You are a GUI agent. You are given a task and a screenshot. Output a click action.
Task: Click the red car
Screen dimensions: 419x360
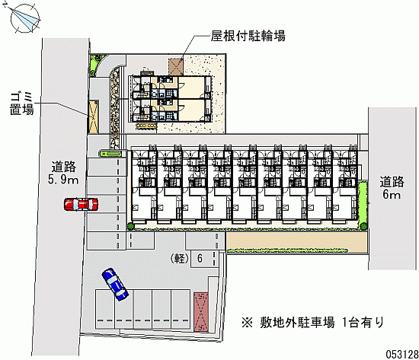81,204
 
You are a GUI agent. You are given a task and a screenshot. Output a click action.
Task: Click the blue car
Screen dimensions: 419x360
115,285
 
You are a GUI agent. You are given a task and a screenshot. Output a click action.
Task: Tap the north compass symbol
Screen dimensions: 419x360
25,18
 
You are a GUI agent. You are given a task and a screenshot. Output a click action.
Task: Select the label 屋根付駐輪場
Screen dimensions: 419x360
248,36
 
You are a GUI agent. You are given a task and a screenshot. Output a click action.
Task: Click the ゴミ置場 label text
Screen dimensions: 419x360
21,104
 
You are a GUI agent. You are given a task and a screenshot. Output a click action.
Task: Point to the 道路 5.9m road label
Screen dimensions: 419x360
63,173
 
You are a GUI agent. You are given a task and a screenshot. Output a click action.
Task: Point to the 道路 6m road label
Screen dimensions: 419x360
392,188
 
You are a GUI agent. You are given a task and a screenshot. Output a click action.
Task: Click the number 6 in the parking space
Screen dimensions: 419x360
200,258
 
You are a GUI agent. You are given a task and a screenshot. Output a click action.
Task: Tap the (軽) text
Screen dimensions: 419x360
180,259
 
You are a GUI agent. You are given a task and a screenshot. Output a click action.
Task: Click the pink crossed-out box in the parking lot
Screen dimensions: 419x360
201,312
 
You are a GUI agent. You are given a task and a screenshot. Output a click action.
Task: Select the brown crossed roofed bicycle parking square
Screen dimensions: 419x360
176,66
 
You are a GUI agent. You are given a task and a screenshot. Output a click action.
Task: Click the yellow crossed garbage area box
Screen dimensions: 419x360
93,117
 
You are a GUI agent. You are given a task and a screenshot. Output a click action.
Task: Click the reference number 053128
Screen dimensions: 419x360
402,354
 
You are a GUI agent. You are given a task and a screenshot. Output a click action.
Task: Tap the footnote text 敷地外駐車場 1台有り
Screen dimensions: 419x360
322,323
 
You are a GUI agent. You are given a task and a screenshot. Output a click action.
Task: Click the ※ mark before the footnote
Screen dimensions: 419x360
247,323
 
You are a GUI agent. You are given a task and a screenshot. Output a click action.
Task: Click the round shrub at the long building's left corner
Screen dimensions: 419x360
130,226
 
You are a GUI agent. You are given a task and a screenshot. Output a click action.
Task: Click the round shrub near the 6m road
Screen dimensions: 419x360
363,226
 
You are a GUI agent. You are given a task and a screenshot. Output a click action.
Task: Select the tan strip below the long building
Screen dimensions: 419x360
296,241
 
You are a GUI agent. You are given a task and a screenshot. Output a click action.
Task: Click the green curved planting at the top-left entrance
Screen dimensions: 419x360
96,64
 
